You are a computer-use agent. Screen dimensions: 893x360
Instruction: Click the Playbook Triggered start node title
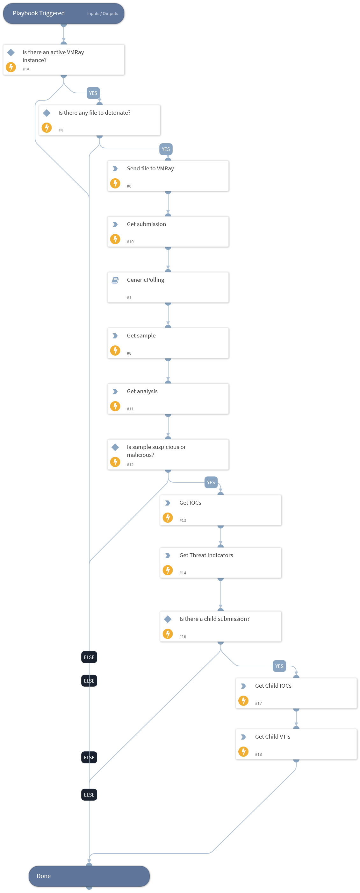39,13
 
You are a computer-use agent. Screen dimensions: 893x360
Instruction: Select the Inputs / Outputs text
102,13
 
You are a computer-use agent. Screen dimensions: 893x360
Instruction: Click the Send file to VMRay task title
150,168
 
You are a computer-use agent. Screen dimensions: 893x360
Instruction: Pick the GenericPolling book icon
115,280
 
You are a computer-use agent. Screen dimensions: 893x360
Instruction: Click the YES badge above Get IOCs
211,482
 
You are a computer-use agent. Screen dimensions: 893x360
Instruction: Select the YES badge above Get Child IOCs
279,666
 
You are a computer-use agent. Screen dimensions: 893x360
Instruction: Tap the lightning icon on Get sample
115,350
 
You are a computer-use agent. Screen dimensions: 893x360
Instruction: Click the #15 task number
26,70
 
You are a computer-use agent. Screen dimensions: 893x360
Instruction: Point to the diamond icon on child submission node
168,619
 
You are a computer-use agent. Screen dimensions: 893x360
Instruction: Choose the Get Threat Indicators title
206,555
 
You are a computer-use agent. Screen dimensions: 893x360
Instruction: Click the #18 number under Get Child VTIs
258,754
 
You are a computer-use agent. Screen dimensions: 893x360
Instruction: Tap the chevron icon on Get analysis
115,391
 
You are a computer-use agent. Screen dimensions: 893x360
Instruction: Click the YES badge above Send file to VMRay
166,149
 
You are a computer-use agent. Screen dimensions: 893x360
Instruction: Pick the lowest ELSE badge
89,795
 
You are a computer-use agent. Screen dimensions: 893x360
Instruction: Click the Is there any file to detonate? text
94,113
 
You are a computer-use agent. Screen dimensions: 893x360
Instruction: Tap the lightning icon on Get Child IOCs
243,700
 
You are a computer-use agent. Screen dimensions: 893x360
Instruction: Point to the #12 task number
130,464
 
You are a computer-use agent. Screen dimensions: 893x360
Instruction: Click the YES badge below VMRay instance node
93,93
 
